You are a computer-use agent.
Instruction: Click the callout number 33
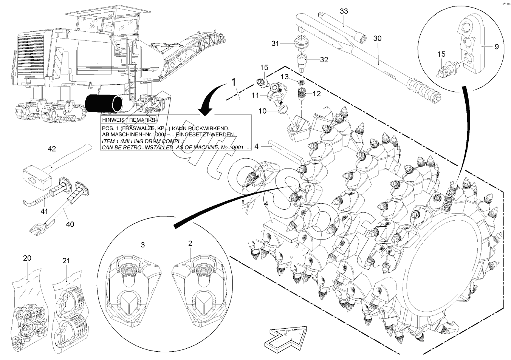[x=343, y=11]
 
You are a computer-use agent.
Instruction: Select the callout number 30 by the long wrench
[x=377, y=39]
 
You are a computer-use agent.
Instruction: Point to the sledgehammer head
[x=35, y=178]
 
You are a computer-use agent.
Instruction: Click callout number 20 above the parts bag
[x=27, y=258]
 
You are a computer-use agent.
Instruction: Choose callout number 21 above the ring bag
[x=66, y=261]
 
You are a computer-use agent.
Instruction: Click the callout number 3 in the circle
[x=142, y=245]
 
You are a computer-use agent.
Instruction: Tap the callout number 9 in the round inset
[x=496, y=47]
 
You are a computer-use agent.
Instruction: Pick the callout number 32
[x=324, y=60]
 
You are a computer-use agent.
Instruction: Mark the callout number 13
[x=285, y=77]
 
